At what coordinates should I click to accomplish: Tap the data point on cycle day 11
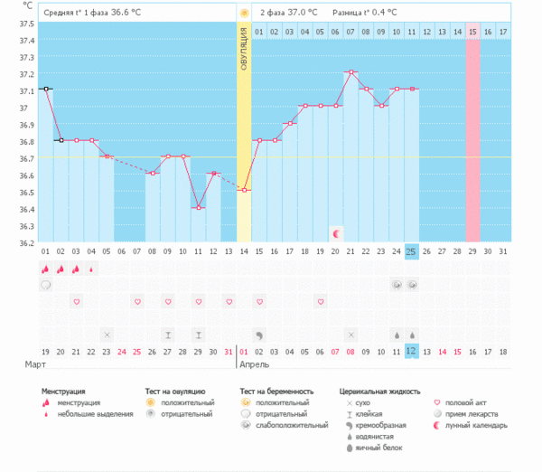point(198,207)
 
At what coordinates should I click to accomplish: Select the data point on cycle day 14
point(244,190)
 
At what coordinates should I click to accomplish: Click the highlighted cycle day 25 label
point(412,250)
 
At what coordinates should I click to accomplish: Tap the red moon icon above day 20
point(336,233)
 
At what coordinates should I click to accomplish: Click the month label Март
point(34,364)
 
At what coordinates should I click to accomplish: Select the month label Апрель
point(254,364)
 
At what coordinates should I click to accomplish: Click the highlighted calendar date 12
point(412,351)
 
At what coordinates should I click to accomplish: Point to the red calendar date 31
point(229,351)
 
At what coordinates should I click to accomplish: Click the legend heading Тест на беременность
point(284,392)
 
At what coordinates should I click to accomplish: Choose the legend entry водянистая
point(376,436)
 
